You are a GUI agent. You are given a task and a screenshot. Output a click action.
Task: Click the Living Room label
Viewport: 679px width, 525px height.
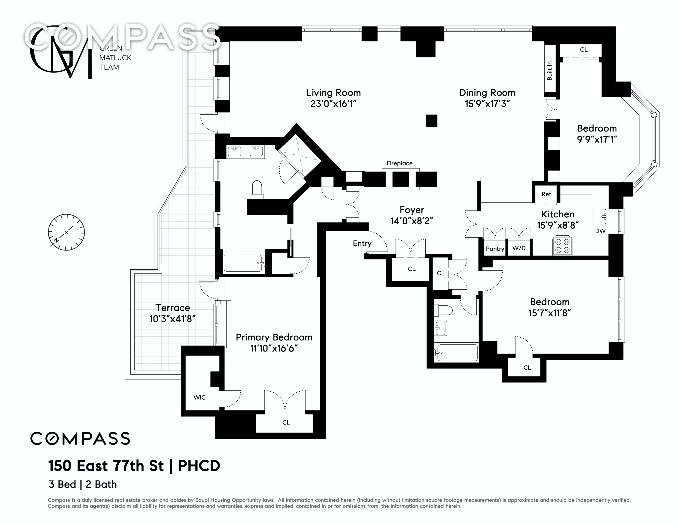tap(333, 93)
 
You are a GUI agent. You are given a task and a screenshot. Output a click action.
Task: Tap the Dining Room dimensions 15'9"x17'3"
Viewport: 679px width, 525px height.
tap(487, 104)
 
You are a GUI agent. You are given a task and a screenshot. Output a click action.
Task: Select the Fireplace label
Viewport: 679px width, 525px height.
tap(400, 163)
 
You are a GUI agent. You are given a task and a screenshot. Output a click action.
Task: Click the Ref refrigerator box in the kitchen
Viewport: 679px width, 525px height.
tap(546, 194)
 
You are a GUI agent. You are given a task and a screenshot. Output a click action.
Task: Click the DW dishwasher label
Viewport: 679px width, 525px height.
tap(600, 231)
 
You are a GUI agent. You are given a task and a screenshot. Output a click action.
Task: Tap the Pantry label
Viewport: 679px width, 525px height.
tap(495, 249)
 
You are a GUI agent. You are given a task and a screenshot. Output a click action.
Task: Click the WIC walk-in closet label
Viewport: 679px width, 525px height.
tap(199, 397)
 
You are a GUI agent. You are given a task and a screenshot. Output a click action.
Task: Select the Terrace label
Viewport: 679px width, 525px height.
tap(173, 308)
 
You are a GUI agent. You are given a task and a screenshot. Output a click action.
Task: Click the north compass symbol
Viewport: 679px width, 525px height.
tap(66, 232)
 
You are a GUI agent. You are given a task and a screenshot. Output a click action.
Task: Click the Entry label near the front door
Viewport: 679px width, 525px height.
tap(362, 243)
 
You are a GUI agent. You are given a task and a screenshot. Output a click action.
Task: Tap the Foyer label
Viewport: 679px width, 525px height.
tap(412, 210)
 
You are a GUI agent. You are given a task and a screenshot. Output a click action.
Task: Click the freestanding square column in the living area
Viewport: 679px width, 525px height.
tap(432, 121)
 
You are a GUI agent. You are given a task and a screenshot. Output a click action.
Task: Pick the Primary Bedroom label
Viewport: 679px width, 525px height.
tap(274, 337)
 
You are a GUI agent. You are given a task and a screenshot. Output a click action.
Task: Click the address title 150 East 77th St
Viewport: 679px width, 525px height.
tap(106, 466)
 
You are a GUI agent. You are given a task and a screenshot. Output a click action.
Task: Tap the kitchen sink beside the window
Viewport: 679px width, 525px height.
tap(600, 217)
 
